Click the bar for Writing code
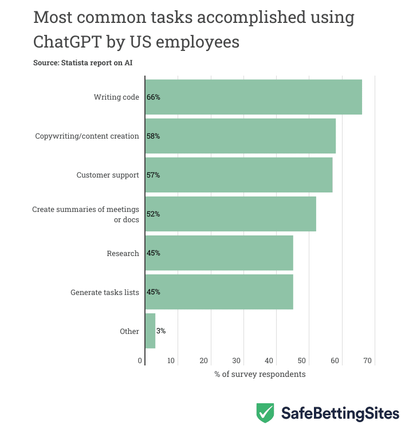(253, 97)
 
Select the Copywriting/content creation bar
(240, 136)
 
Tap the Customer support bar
(238, 175)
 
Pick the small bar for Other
(150, 330)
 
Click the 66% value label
(153, 97)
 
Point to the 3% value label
(160, 331)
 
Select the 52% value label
(153, 214)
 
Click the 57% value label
(153, 175)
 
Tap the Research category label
(123, 253)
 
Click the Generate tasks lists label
(105, 292)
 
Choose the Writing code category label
(116, 97)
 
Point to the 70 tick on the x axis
(368, 361)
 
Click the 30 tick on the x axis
(237, 361)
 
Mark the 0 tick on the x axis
(140, 361)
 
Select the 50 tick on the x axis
(302, 361)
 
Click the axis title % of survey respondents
(260, 374)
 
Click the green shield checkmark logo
(265, 412)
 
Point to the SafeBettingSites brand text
(340, 413)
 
